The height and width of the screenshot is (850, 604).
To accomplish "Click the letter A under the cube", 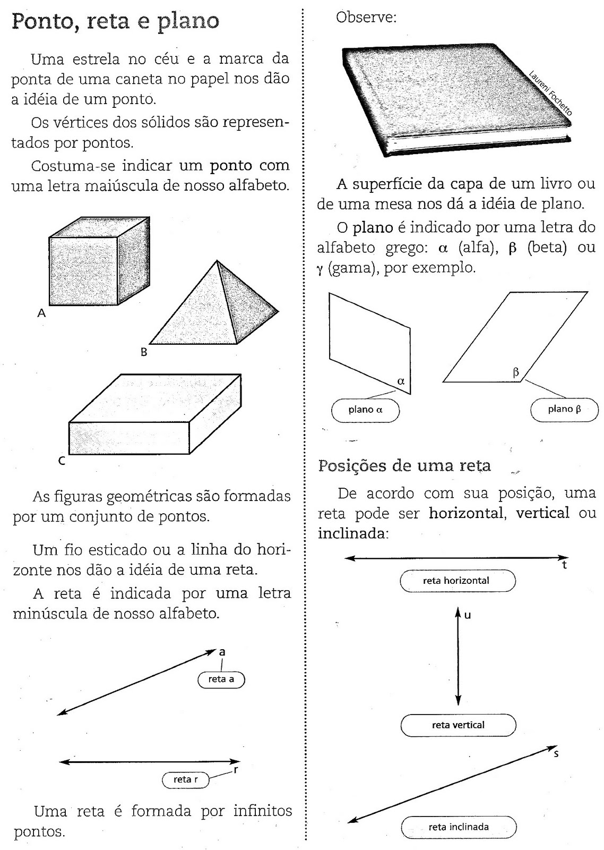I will pos(41,313).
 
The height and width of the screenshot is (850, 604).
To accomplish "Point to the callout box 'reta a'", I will pos(221,679).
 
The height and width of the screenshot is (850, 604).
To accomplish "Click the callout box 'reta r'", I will pos(185,780).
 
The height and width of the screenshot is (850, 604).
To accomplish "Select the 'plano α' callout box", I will pos(365,410).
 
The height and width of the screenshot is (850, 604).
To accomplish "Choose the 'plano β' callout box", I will pos(564,410).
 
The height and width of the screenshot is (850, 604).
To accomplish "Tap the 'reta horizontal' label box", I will pos(456,581).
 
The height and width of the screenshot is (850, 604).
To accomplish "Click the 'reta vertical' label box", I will pos(458,725).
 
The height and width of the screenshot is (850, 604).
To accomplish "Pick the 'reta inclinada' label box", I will pos(459,827).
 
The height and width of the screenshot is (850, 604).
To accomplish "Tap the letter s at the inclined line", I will pos(556,754).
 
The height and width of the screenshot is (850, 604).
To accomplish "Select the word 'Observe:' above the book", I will pos(366,18).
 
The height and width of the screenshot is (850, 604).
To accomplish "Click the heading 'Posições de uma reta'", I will pos(404,466).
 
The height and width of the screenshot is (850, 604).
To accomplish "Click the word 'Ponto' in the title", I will pos(42,22).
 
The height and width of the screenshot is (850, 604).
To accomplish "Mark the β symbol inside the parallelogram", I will pos(515,372).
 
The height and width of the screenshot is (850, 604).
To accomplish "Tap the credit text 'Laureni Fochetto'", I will pos(550,93).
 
